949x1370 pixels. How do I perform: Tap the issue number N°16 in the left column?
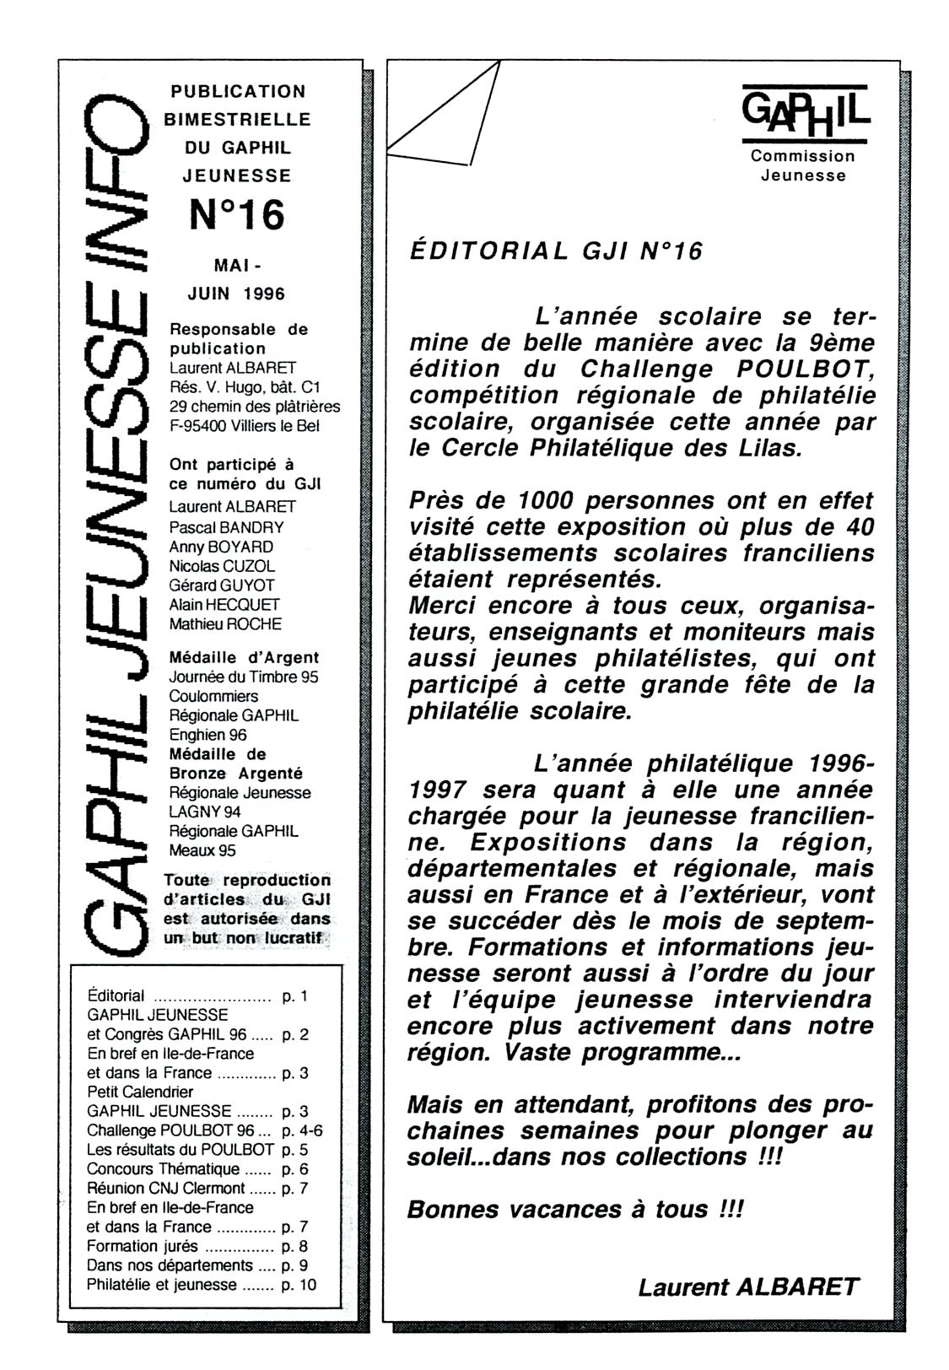coord(237,215)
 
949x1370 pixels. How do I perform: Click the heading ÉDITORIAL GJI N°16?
coord(555,251)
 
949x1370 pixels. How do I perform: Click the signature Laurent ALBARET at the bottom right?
coord(747,1287)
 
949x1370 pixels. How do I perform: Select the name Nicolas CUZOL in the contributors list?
coord(222,566)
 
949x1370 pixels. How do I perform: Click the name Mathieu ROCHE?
coord(225,624)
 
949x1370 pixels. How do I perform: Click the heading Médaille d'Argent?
coord(244,657)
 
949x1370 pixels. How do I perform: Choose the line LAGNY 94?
coord(205,812)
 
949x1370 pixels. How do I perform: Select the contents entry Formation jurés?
coord(143,1246)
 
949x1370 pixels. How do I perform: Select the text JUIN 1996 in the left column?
coord(236,294)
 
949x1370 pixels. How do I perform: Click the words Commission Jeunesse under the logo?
coord(803,165)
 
